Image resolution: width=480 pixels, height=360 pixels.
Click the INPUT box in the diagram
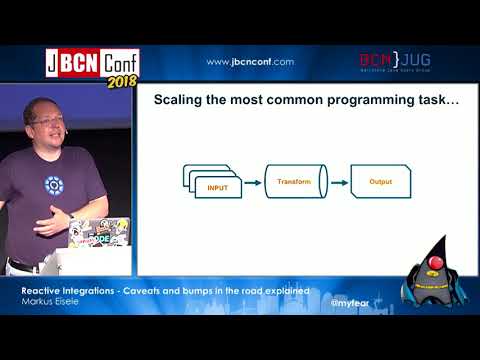click(x=218, y=187)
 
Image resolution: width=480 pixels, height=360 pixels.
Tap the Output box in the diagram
click(x=381, y=183)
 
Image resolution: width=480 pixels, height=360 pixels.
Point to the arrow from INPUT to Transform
click(x=252, y=183)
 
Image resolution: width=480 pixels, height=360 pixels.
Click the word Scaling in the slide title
click(x=178, y=101)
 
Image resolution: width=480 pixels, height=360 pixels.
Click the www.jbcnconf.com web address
click(x=250, y=62)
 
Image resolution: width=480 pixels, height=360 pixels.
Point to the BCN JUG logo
click(x=395, y=62)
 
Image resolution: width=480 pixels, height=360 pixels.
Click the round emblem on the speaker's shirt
click(x=53, y=185)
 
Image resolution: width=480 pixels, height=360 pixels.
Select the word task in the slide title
click(x=431, y=101)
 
